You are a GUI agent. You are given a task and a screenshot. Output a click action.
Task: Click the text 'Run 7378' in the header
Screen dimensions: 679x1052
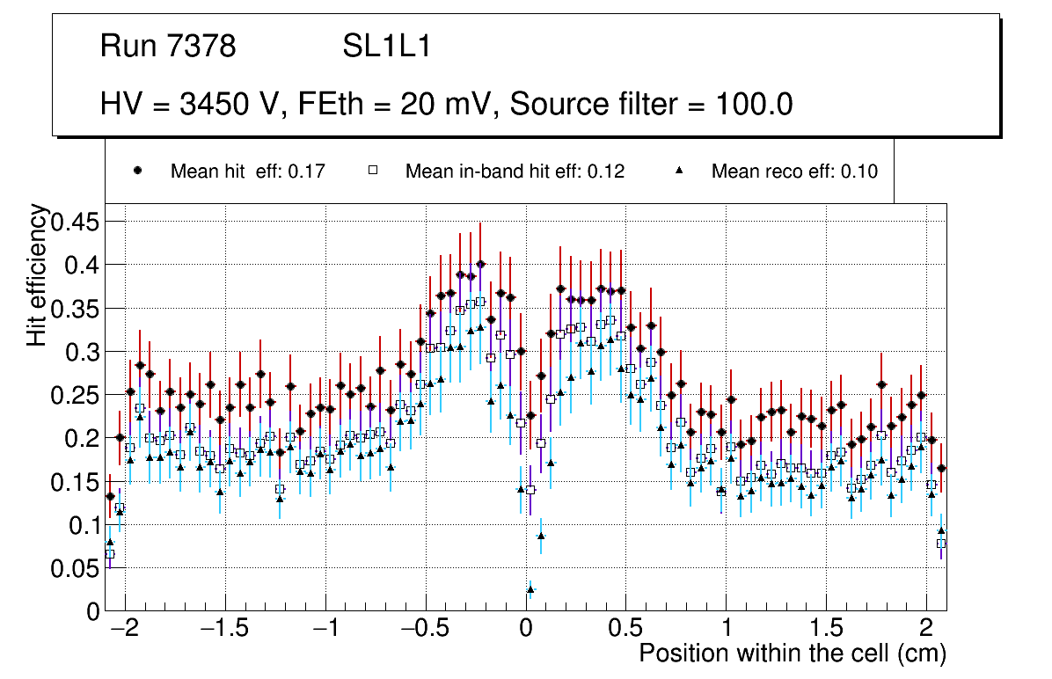pyautogui.click(x=168, y=46)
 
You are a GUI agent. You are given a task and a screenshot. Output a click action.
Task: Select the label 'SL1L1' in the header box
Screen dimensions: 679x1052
pyautogui.click(x=387, y=46)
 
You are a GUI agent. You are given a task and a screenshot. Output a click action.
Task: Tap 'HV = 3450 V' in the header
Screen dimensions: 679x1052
pyautogui.click(x=190, y=105)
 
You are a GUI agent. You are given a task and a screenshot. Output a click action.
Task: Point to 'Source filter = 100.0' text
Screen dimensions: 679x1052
pyautogui.click(x=652, y=105)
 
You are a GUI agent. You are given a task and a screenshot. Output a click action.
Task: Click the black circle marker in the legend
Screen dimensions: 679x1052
pyautogui.click(x=137, y=172)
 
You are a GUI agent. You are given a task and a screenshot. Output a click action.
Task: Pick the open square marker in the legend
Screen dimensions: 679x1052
pyautogui.click(x=372, y=172)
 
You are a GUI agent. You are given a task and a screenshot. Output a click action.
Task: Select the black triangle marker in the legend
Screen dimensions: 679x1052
pyautogui.click(x=679, y=172)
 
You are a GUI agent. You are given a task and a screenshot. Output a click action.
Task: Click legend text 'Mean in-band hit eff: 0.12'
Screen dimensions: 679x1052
pyautogui.click(x=515, y=172)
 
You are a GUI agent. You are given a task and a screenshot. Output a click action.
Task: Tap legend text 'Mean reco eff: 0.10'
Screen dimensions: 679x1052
pyautogui.click(x=794, y=172)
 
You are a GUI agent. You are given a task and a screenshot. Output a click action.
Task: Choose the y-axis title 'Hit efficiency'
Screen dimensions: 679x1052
pyautogui.click(x=38, y=274)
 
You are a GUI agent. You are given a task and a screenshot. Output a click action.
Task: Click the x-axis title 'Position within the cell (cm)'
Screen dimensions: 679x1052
pyautogui.click(x=793, y=653)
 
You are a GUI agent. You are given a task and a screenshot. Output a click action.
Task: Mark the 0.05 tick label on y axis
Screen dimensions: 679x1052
pyautogui.click(x=75, y=568)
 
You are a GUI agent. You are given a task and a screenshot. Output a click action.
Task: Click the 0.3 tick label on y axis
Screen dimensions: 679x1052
pyautogui.click(x=82, y=352)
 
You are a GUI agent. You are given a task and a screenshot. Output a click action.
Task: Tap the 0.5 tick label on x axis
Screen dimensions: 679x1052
pyautogui.click(x=625, y=630)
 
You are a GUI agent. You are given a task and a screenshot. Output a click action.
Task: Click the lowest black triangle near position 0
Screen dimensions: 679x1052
pyautogui.click(x=530, y=589)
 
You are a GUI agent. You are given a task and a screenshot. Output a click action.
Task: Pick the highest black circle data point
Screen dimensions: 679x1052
pyautogui.click(x=480, y=264)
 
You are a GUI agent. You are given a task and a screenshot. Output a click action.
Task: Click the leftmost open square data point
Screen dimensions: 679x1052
pyautogui.click(x=110, y=553)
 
